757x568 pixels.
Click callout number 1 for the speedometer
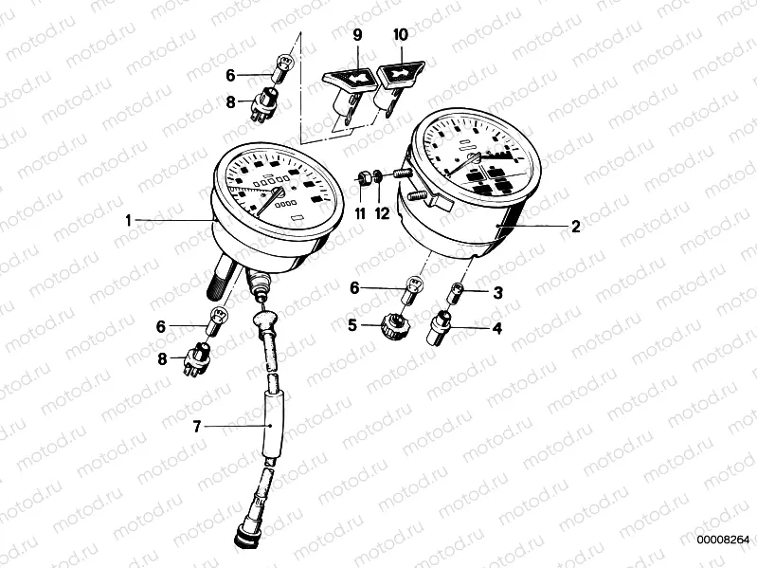[128, 221]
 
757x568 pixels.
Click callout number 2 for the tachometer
[575, 226]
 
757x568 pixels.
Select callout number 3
[497, 293]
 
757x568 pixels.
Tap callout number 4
[497, 328]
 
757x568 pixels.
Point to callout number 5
[352, 325]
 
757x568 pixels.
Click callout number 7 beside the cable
[196, 427]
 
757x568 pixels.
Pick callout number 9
[357, 35]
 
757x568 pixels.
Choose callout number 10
[401, 35]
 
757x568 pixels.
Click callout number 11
[360, 213]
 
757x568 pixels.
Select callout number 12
[382, 213]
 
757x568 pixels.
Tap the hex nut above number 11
[364, 177]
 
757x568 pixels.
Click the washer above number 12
[379, 177]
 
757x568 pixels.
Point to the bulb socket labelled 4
[438, 327]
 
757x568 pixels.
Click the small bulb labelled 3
[457, 294]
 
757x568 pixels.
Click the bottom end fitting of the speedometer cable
[245, 537]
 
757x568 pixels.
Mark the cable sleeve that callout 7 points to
[272, 425]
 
